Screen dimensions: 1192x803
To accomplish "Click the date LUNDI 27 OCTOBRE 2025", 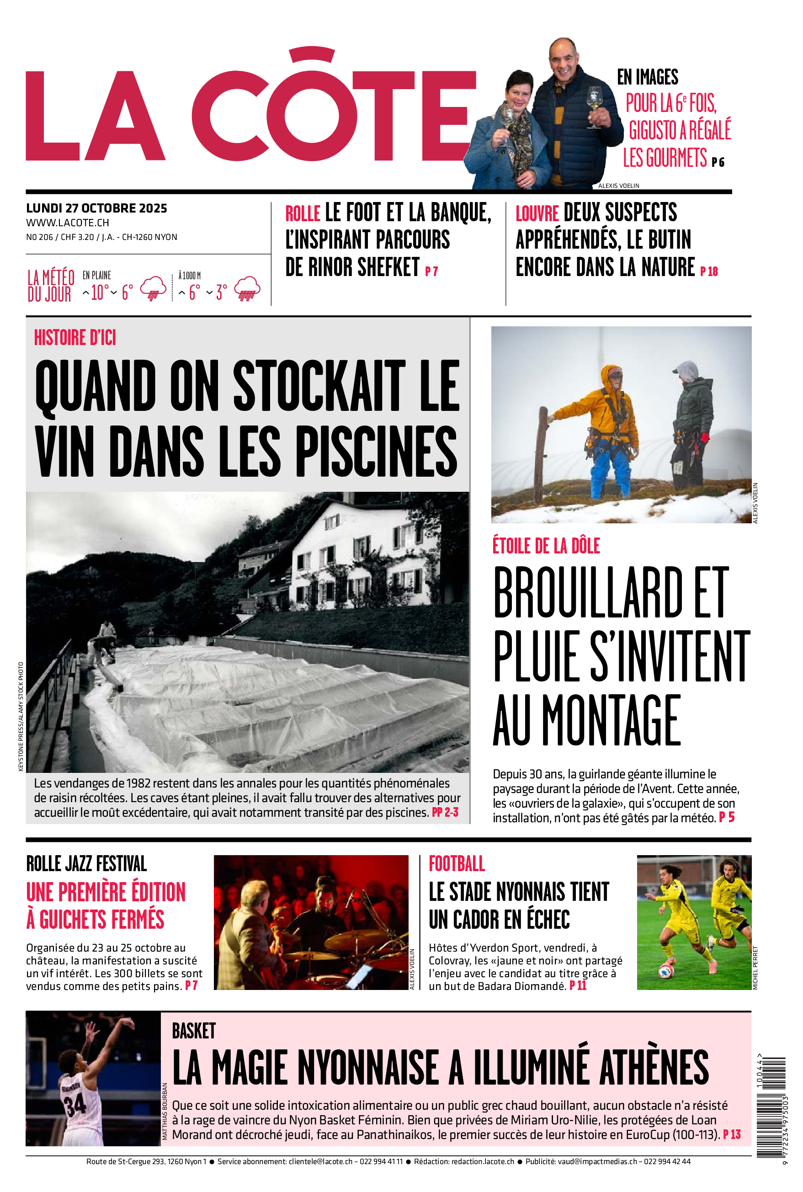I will [x=96, y=208].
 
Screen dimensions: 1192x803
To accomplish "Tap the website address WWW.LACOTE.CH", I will [x=68, y=223].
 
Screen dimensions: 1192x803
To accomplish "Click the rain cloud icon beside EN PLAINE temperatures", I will [x=153, y=288].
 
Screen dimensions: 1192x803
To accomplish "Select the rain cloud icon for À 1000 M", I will [x=247, y=288].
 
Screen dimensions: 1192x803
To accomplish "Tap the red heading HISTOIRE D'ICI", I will [x=75, y=338].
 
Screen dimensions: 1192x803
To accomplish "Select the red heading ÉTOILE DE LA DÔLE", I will [x=546, y=546].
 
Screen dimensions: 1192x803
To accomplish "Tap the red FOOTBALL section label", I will [x=456, y=864].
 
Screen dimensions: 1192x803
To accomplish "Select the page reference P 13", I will [x=732, y=1134].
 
